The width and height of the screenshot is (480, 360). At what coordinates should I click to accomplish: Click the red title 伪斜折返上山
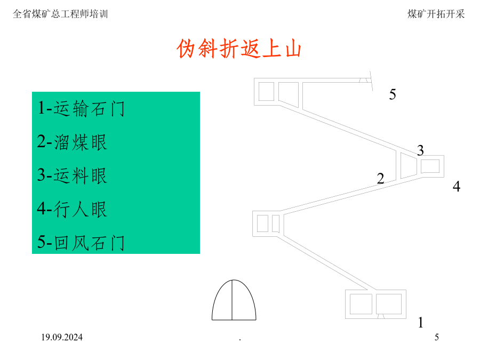[x=239, y=49]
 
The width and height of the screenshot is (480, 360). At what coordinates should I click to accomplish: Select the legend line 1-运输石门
[x=81, y=108]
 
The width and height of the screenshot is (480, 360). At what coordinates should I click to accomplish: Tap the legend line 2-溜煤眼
[x=72, y=142]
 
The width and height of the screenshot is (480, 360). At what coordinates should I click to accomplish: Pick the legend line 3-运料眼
[x=72, y=175]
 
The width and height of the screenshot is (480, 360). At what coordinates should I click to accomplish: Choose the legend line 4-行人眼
[x=72, y=209]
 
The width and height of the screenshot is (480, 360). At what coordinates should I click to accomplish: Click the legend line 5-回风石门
[x=81, y=243]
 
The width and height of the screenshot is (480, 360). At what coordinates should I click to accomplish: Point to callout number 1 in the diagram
[x=421, y=322]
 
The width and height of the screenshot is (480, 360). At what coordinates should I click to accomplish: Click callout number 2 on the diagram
[x=380, y=178]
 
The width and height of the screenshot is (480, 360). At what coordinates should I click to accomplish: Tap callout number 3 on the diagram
[x=420, y=150]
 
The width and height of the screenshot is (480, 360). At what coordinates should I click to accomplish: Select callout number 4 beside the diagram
[x=457, y=186]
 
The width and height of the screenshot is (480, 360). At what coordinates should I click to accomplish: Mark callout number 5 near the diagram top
[x=393, y=94]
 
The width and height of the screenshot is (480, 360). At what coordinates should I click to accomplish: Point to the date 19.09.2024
[x=62, y=337]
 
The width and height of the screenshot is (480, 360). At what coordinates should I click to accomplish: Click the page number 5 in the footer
[x=437, y=337]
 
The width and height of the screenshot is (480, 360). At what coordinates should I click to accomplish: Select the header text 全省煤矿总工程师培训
[x=60, y=14]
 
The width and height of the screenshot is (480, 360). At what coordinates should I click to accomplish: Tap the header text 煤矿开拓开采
[x=436, y=14]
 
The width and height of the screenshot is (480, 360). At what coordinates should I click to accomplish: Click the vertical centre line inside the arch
[x=232, y=300]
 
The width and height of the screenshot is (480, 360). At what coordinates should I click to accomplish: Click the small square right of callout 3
[x=430, y=166]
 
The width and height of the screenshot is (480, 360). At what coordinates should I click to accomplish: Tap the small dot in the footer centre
[x=240, y=339]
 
